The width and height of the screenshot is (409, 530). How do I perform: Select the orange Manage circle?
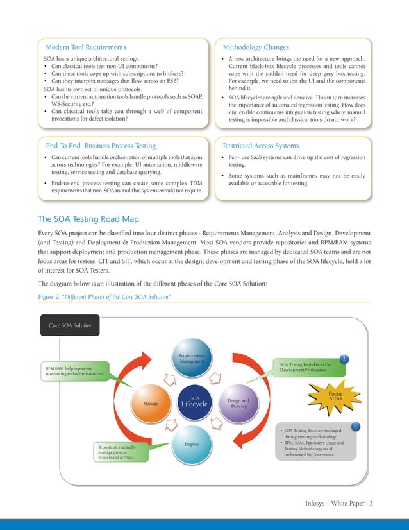click(151, 404)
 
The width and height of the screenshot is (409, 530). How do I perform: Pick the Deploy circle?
click(191, 443)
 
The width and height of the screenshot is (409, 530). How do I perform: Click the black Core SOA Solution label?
click(71, 325)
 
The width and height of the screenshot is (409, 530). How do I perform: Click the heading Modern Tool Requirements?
click(86, 47)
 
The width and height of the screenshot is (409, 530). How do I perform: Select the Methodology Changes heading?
click(256, 47)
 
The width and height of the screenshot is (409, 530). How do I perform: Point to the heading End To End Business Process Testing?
click(101, 146)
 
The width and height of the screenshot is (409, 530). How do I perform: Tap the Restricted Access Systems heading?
click(260, 146)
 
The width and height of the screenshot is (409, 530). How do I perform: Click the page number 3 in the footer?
click(371, 502)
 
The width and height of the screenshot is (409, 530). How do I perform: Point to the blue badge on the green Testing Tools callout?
click(346, 359)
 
